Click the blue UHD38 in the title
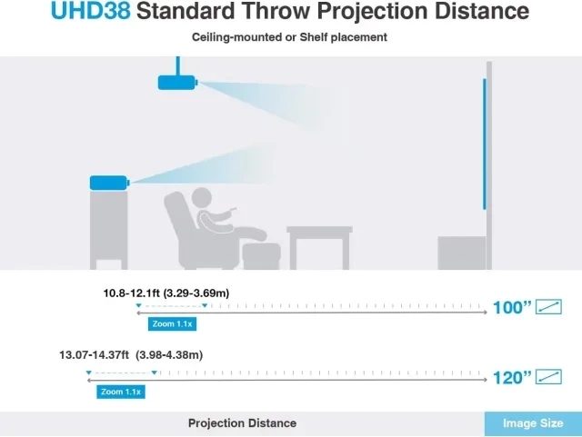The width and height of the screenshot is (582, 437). coord(91,11)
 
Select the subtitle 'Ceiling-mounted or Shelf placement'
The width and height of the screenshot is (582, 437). coord(289,37)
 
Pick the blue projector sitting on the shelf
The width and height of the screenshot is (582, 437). coord(109,183)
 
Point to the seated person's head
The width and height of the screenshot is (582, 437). coord(201,198)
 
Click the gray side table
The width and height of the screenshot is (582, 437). coord(319,247)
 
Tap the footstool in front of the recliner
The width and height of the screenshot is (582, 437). coord(261,256)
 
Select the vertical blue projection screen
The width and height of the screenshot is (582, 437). coord(485,144)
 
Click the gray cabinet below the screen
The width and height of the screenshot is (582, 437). coord(462,253)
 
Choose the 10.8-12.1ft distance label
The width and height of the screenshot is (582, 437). coord(166,293)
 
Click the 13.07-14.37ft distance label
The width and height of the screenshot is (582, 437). coord(131,355)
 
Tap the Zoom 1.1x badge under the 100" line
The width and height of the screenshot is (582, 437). coord(172,323)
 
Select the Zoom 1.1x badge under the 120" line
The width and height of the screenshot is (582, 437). coord(121,392)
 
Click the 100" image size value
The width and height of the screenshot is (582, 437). coord(512,307)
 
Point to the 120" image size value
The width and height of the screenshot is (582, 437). coord(512,378)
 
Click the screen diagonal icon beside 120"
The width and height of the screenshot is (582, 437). coord(548,377)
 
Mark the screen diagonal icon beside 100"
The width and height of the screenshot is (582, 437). coord(548,307)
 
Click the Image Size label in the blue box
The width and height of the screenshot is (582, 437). coord(533,423)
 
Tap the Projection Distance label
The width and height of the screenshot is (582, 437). coord(242,423)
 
